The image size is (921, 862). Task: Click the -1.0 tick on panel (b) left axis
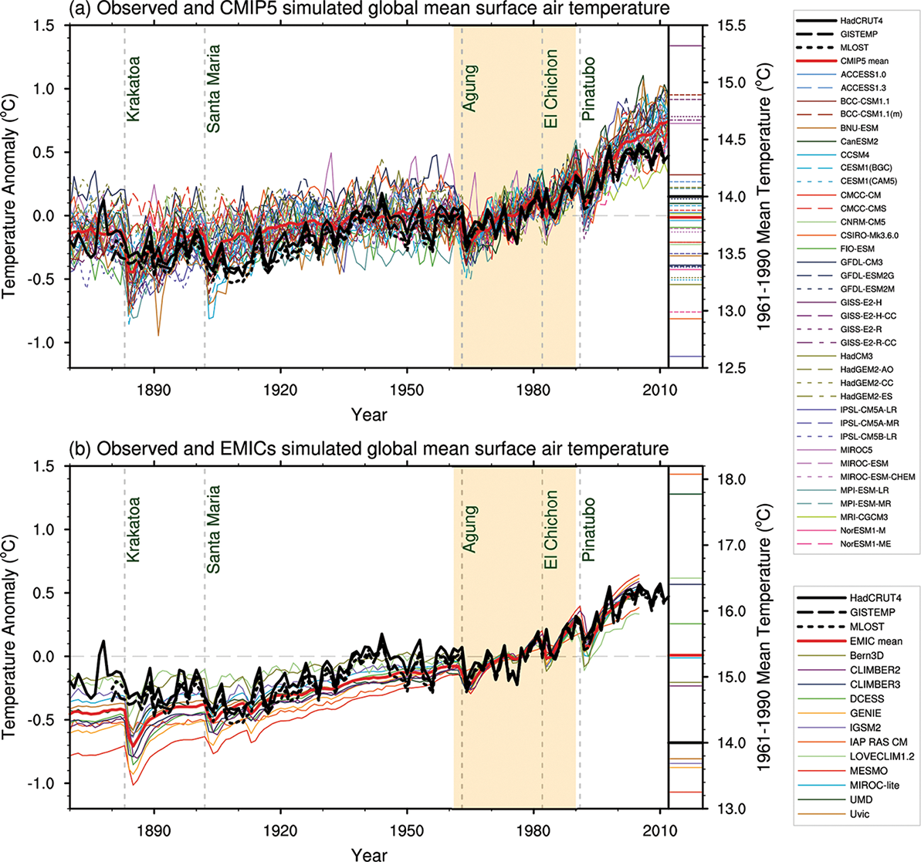[x=47, y=783]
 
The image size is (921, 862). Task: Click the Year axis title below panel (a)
[x=369, y=414]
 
